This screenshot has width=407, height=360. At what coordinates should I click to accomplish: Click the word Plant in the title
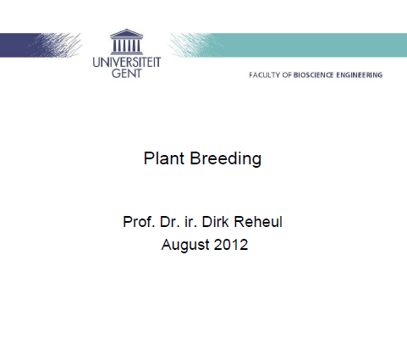(164, 158)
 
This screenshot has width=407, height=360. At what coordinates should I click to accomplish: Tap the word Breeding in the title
(226, 159)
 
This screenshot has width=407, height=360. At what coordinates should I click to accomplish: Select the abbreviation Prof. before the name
(139, 222)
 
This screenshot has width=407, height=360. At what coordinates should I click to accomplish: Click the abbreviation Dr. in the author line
(170, 222)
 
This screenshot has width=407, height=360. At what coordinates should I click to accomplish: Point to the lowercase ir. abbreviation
(190, 222)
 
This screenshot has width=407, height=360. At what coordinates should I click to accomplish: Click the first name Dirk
(215, 222)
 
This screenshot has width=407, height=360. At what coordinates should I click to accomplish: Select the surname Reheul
(258, 222)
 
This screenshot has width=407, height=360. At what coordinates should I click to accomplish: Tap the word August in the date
(184, 245)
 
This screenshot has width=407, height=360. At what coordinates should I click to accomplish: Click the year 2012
(231, 245)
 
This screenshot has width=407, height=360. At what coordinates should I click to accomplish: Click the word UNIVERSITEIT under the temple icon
(127, 63)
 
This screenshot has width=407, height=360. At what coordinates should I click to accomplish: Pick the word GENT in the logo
(126, 74)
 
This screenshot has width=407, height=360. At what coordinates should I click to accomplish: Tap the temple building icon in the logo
(126, 42)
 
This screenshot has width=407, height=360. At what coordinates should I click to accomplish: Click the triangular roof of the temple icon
(126, 34)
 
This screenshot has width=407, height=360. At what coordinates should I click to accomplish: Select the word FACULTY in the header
(265, 75)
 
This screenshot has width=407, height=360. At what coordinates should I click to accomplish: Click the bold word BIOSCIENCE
(313, 75)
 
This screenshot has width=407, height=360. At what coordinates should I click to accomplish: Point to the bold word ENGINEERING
(360, 75)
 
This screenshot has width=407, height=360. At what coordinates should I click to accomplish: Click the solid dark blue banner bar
(19, 45)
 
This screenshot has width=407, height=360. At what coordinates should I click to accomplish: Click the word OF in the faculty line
(287, 75)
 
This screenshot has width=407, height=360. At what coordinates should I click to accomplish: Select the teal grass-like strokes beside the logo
(192, 45)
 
